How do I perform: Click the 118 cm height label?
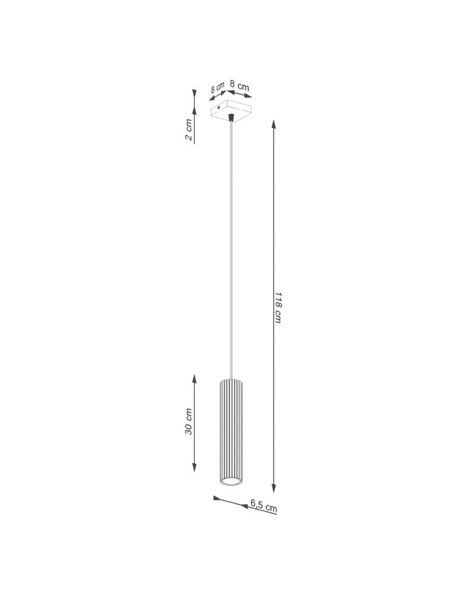(x=278, y=307)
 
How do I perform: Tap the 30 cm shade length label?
(x=188, y=421)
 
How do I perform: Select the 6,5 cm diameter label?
(x=263, y=506)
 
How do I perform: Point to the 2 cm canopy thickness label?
(x=188, y=130)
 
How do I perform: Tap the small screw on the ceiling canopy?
(x=219, y=108)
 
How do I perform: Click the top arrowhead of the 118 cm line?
(x=273, y=124)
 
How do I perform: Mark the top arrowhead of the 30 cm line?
(x=194, y=379)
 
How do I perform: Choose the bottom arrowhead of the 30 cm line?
(x=194, y=467)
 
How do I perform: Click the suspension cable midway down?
(x=231, y=250)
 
